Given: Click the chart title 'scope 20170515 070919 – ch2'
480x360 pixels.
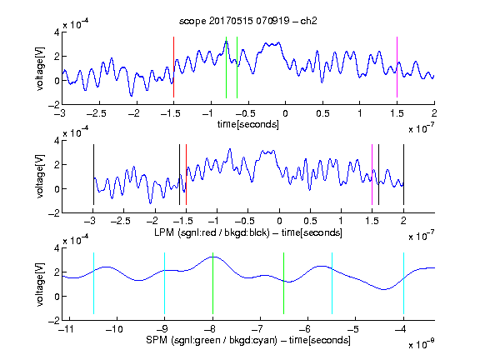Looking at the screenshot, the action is [247, 21].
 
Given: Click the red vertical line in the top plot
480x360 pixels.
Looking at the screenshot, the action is [173, 67].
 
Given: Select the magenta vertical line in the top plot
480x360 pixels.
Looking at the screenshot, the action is [397, 67].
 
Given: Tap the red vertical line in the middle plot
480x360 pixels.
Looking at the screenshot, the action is [186, 174].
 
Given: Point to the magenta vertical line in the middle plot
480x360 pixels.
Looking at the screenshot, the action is [372, 174].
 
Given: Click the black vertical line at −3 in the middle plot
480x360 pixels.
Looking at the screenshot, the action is [93, 174].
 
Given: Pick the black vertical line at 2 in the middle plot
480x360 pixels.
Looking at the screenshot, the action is [403, 174].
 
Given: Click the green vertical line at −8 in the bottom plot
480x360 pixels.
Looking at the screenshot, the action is [212, 283].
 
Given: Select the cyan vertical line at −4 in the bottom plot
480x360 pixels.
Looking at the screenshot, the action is [403, 283].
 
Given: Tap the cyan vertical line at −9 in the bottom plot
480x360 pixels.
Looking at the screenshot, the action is [164, 283].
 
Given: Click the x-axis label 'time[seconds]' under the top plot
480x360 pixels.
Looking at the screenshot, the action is [248, 124].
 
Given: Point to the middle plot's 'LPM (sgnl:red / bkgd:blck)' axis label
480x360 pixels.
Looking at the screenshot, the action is [212, 232].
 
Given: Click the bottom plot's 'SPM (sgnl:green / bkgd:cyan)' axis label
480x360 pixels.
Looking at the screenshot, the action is [212, 340].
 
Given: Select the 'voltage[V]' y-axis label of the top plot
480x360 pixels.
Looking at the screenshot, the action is [40, 68].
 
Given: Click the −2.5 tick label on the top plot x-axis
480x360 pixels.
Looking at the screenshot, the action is [97, 113].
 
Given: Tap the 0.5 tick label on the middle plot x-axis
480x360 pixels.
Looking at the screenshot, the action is [310, 221].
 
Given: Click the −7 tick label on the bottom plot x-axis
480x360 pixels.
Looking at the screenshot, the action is [257, 329].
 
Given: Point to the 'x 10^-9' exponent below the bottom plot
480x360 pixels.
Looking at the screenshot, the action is [422, 344].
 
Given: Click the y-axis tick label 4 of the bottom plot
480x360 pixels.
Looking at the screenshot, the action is [57, 248].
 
